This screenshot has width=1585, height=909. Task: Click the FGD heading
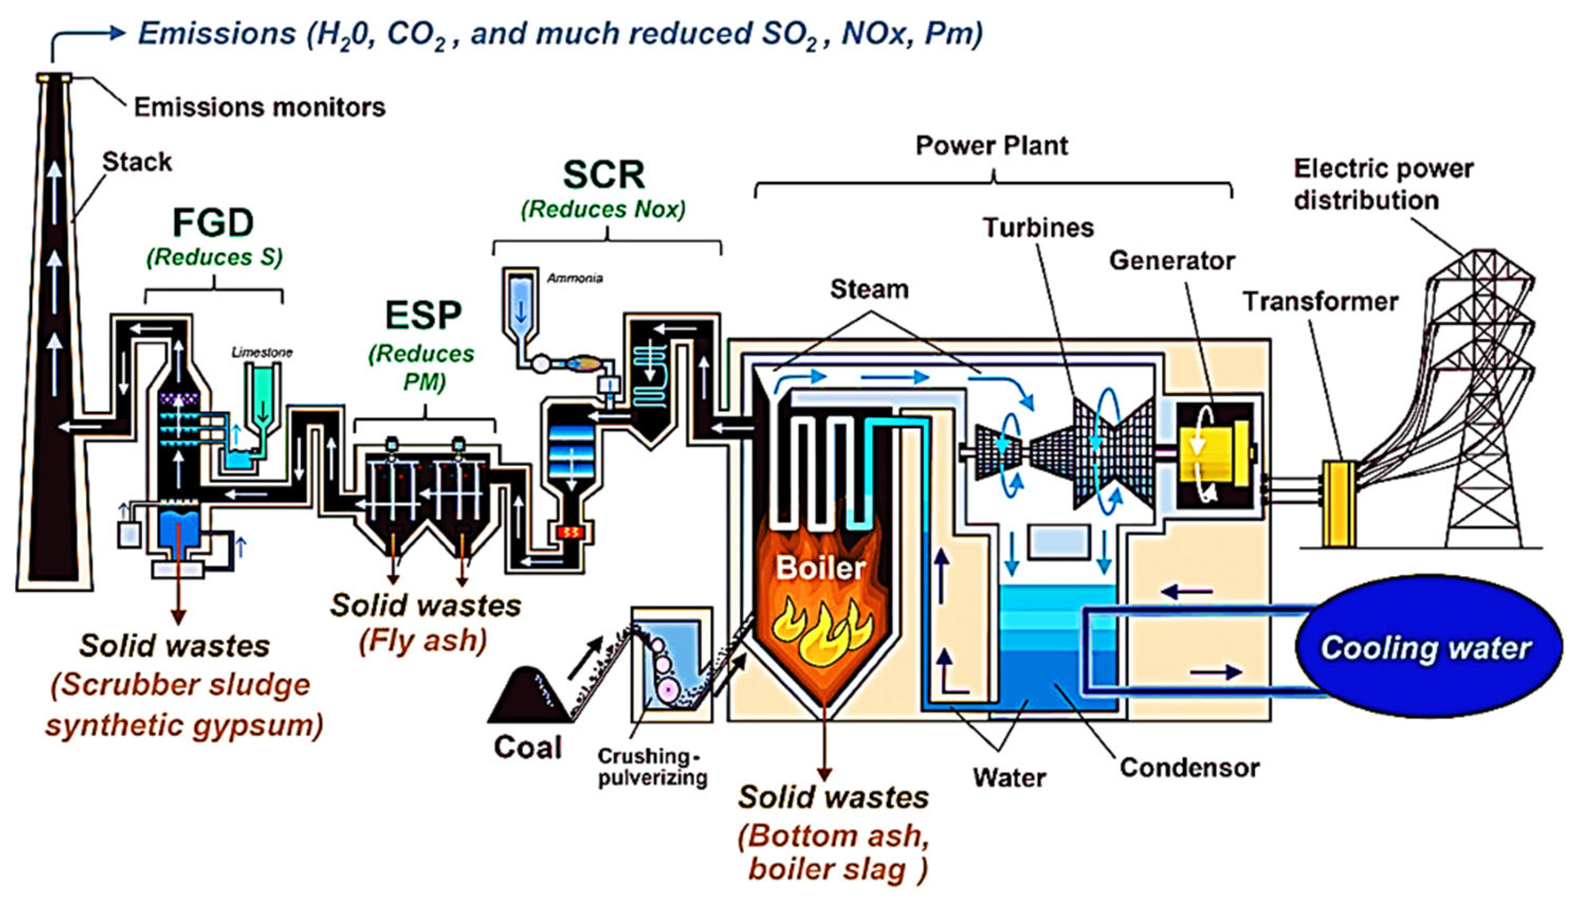point(213,223)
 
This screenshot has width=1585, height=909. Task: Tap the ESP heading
point(423,315)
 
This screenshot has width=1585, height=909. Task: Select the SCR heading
point(603,175)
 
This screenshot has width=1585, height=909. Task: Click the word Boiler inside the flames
point(820,569)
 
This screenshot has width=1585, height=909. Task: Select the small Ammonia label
point(574,278)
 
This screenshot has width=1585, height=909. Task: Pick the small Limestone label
point(261,352)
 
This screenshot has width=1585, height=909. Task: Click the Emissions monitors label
point(260,107)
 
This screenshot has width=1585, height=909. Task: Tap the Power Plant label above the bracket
point(991,146)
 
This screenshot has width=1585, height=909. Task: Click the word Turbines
point(1038,227)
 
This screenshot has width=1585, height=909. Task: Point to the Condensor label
point(1189,768)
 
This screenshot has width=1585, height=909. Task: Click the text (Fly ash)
point(423,640)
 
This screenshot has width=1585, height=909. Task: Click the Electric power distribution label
point(1383,185)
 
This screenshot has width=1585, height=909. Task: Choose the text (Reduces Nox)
point(603,209)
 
